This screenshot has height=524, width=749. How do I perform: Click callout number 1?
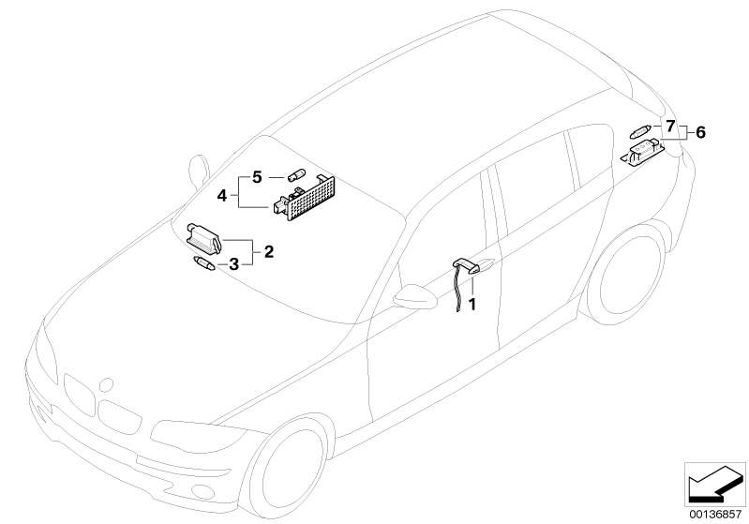(x=472, y=304)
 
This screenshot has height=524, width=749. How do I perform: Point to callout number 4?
(x=222, y=195)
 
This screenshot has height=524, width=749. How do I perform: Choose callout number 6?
(x=699, y=133)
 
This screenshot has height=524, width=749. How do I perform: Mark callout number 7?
(x=670, y=125)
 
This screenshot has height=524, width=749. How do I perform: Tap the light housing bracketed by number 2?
(x=203, y=235)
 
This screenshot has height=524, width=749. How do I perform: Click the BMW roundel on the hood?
(x=106, y=384)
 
